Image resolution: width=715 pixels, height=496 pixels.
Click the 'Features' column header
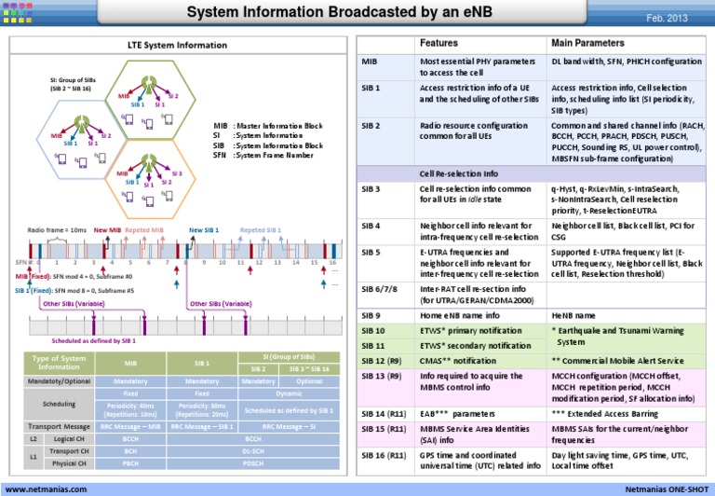click(x=438, y=43)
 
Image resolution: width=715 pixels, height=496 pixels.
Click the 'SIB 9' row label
click(x=371, y=314)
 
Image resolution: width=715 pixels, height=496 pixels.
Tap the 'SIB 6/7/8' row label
click(x=378, y=289)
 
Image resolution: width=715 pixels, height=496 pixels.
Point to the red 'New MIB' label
click(x=107, y=228)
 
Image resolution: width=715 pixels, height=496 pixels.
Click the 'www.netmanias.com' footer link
click(x=47, y=488)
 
